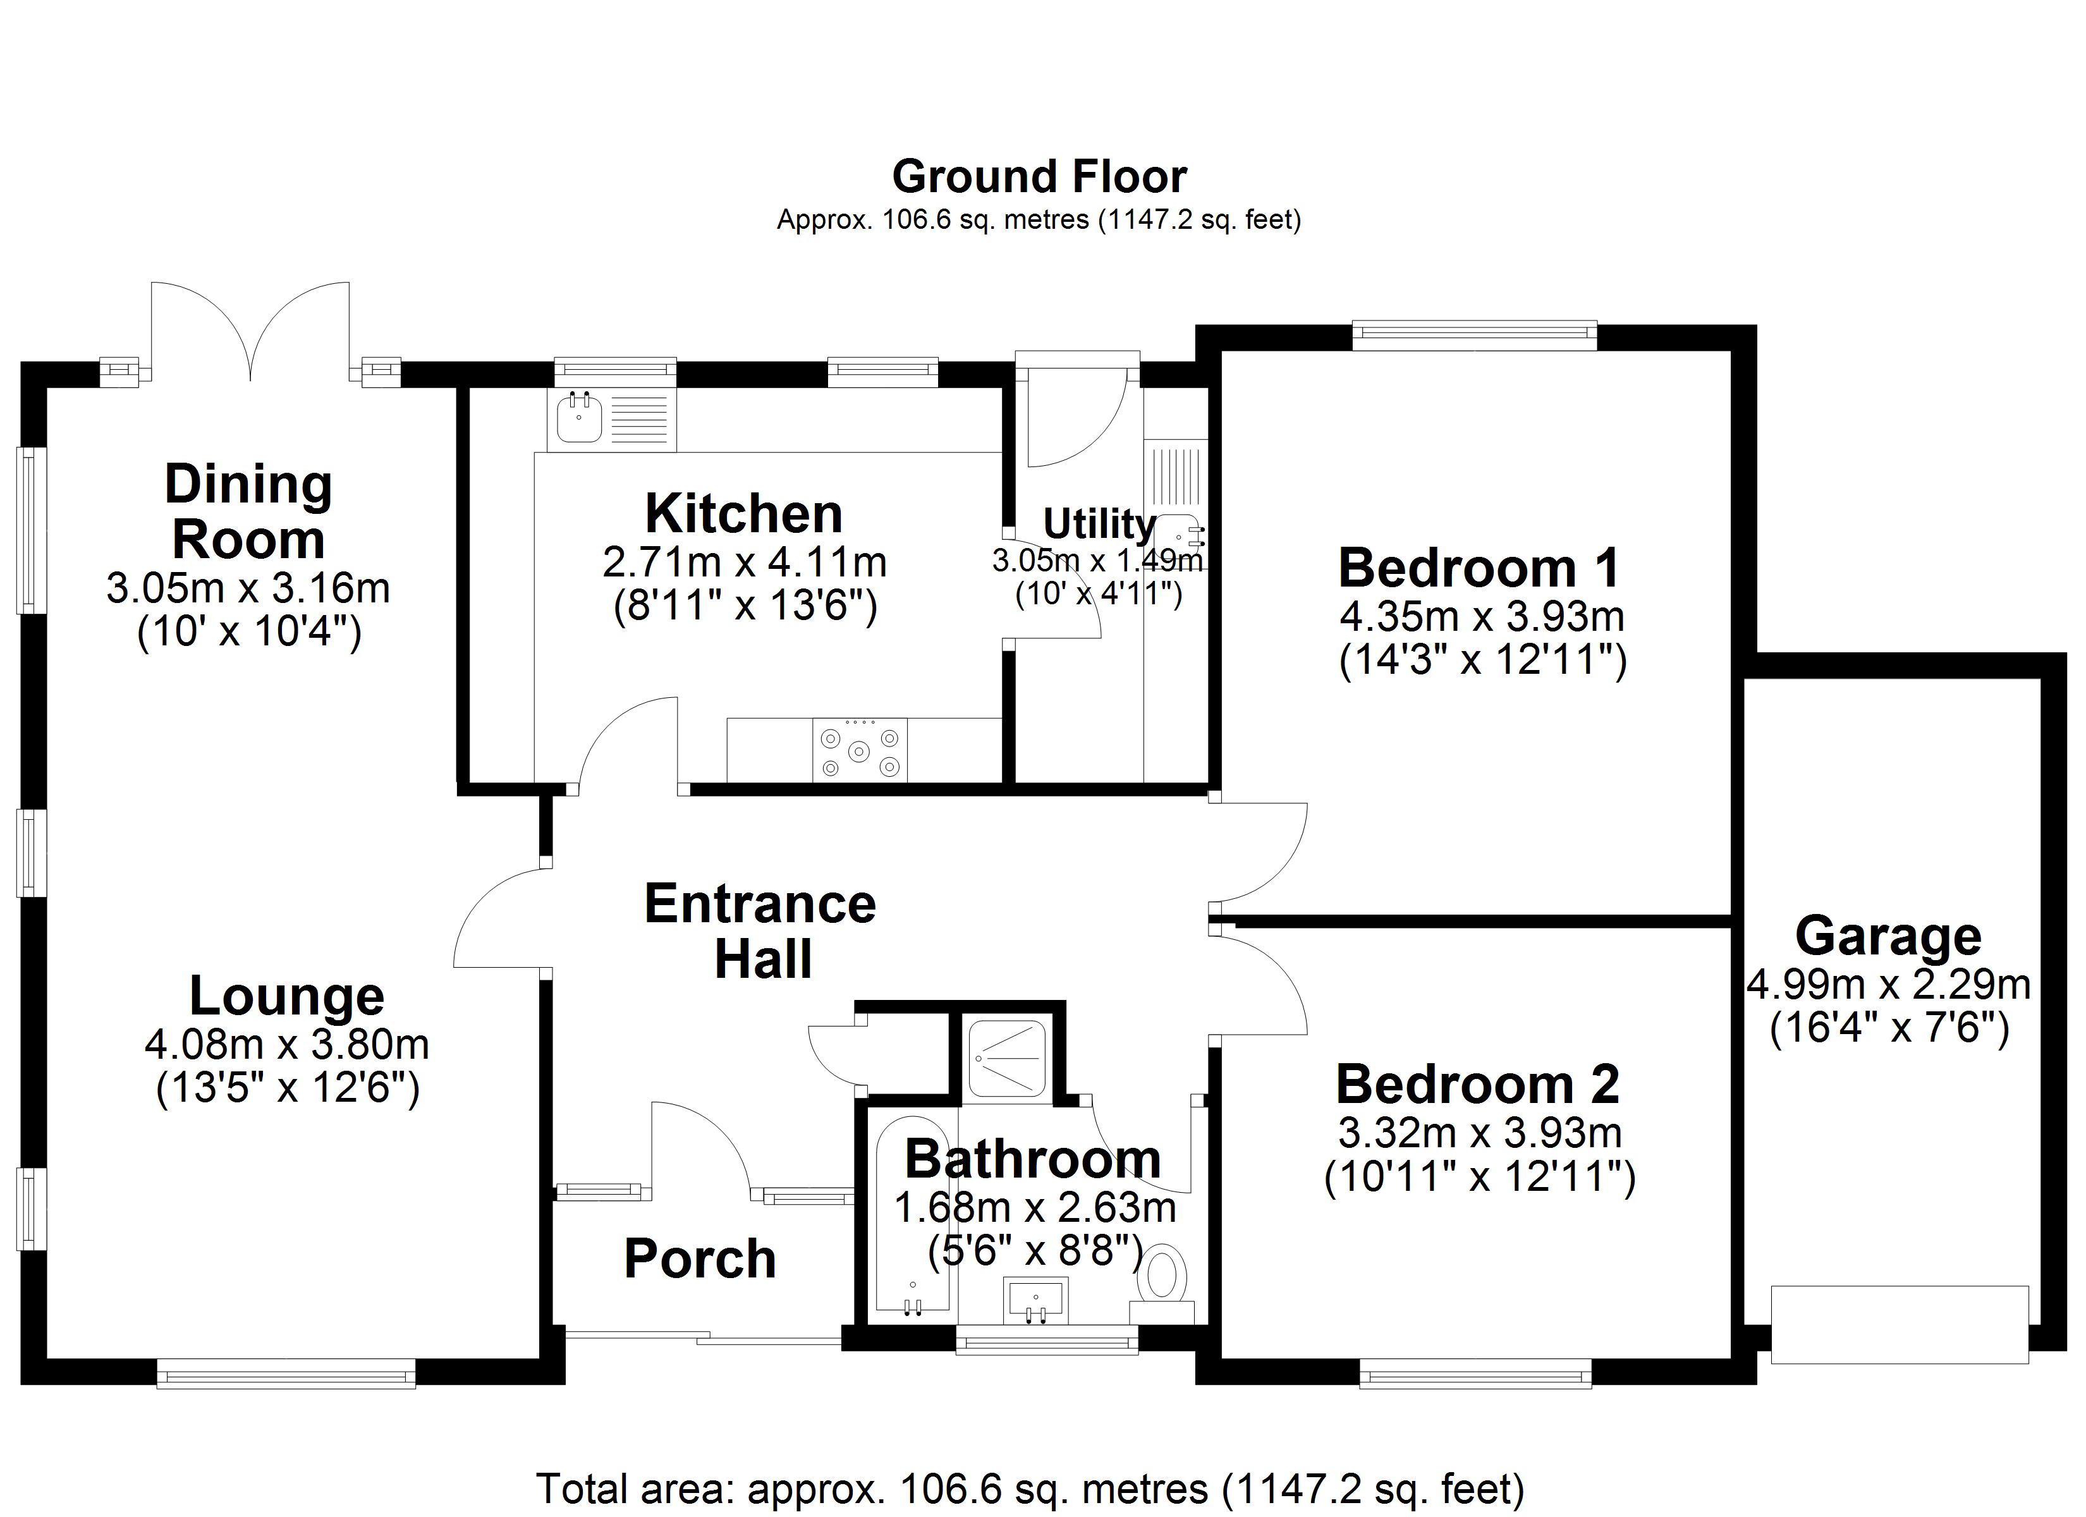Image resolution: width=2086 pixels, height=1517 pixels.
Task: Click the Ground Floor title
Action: [1039, 176]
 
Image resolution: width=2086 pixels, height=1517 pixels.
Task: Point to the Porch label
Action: [700, 1258]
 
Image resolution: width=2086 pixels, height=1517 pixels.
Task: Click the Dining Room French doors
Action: [250, 331]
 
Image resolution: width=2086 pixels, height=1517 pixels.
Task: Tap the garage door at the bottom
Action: [1900, 1325]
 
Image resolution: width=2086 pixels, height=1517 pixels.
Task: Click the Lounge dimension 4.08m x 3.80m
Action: [286, 1044]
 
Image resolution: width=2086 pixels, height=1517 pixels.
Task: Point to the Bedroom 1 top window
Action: [1473, 335]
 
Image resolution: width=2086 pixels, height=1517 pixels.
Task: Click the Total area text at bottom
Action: [1030, 1489]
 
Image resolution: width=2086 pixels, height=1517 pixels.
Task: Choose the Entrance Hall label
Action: [760, 931]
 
